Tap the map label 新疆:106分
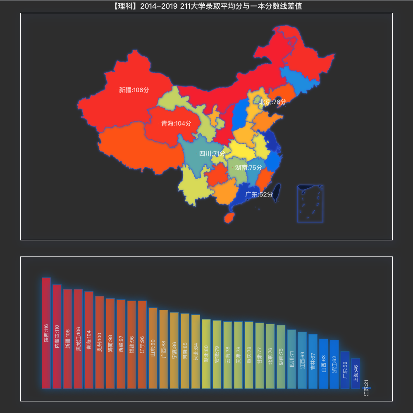click(134, 90)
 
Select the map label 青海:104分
click(176, 123)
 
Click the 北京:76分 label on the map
click(273, 102)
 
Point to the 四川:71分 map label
click(212, 154)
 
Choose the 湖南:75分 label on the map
click(248, 167)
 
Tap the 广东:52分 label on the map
click(259, 194)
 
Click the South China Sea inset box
click(310, 203)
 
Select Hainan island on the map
click(228, 217)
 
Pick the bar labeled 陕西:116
click(46, 333)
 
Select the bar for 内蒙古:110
click(57, 337)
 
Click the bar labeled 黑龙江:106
click(78, 339)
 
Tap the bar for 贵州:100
click(100, 342)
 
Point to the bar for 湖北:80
click(206, 354)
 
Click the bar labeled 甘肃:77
click(260, 356)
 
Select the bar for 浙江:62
click(334, 364)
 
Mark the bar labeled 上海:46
click(356, 373)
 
